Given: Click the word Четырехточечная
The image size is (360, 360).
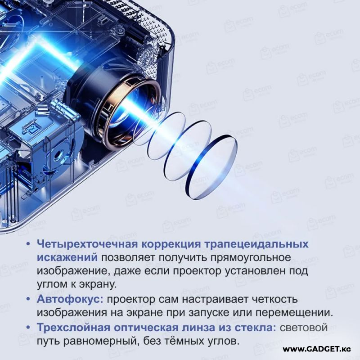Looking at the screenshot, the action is click(87, 244).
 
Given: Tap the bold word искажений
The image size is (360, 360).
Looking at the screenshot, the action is click(67, 257).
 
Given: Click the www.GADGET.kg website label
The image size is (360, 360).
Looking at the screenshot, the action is click(317, 350).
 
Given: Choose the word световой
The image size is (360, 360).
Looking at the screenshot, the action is click(303, 328).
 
